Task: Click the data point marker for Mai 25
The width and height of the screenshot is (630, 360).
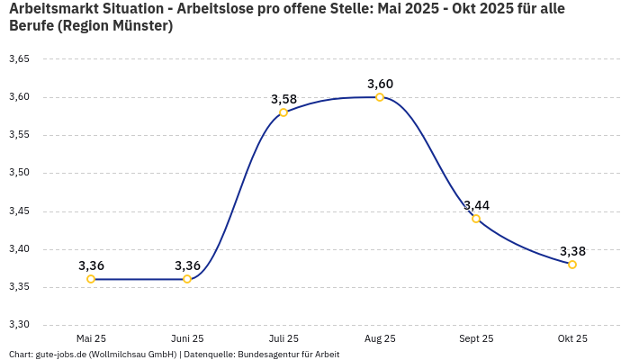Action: click(91, 279)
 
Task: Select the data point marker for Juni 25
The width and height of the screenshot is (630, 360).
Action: click(187, 279)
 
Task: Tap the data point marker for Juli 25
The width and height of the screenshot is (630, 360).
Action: click(283, 112)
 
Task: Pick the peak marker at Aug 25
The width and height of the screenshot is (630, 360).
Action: click(380, 97)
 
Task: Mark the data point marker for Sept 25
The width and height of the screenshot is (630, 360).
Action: click(476, 219)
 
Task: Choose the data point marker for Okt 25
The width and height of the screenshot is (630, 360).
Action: click(572, 265)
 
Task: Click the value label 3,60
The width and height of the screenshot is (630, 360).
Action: click(380, 84)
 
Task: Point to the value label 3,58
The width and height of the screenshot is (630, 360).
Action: click(283, 99)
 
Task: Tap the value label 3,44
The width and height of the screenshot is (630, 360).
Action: click(476, 205)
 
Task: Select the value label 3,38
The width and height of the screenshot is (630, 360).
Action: click(572, 251)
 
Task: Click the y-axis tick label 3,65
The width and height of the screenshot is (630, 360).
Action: click(19, 59)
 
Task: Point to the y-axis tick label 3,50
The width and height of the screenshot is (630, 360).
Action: click(19, 173)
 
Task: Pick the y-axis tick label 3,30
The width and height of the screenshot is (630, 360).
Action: click(19, 325)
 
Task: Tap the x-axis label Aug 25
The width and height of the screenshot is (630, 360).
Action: click(380, 338)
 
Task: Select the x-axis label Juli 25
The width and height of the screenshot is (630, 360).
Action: click(283, 338)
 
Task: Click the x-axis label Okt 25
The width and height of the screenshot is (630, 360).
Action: click(572, 338)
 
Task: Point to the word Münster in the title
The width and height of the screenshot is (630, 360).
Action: click(139, 26)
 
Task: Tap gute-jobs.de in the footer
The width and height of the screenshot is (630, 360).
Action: click(64, 354)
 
